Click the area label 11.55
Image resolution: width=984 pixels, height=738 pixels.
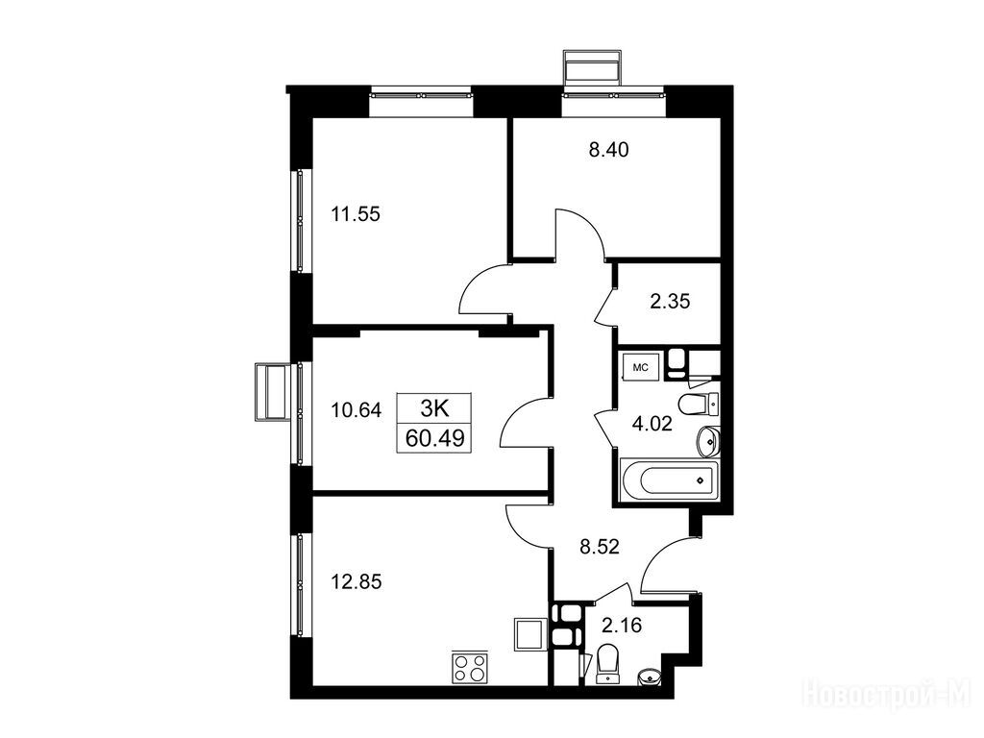pyautogui.click(x=356, y=214)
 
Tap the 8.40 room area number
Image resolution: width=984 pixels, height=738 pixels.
pyautogui.click(x=608, y=150)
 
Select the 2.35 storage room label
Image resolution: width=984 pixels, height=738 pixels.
pyautogui.click(x=670, y=302)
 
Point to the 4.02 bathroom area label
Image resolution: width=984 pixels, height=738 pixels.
pyautogui.click(x=652, y=424)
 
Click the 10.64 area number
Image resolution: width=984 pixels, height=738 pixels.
pyautogui.click(x=356, y=410)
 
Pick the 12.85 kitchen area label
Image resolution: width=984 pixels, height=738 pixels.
pyautogui.click(x=356, y=582)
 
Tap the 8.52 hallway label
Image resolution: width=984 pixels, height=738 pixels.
pyautogui.click(x=600, y=547)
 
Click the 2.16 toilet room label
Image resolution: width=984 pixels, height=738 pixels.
pyautogui.click(x=622, y=625)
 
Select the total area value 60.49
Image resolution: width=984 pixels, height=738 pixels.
pyautogui.click(x=435, y=438)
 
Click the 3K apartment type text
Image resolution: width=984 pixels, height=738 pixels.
pyautogui.click(x=434, y=408)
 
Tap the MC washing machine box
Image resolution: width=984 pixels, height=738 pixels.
pyautogui.click(x=640, y=367)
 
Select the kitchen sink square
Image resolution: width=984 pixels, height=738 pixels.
pyautogui.click(x=529, y=634)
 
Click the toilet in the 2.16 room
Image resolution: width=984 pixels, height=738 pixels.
pyautogui.click(x=607, y=664)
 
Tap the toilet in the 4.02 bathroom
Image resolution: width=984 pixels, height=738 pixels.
pyautogui.click(x=699, y=404)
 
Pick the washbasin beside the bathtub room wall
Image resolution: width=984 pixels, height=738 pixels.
pyautogui.click(x=708, y=441)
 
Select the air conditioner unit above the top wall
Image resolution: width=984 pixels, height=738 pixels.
pyautogui.click(x=593, y=67)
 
